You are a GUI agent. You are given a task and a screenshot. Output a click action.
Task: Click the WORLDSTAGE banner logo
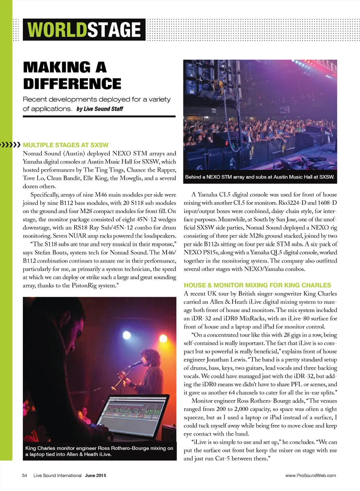pyautogui.click(x=84, y=30)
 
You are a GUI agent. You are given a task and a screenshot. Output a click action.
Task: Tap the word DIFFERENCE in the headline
pyautogui.click(x=72, y=84)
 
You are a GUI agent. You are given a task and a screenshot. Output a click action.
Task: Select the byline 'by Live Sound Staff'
pyautogui.click(x=100, y=109)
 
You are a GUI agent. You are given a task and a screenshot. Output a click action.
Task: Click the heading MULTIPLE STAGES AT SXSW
pyautogui.click(x=66, y=145)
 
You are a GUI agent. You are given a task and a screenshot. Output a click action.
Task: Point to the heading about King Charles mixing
pyautogui.click(x=257, y=285)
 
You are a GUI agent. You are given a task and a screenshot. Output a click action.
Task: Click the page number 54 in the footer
pyautogui.click(x=25, y=476)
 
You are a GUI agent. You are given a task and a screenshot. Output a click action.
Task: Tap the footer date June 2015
pyautogui.click(x=96, y=476)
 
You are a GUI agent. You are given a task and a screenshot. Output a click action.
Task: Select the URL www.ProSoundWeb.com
pyautogui.click(x=310, y=476)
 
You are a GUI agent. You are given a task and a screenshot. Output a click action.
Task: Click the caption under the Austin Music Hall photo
pyautogui.click(x=260, y=177)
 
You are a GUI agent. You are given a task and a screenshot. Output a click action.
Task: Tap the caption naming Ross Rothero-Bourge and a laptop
pyautogui.click(x=99, y=451)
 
